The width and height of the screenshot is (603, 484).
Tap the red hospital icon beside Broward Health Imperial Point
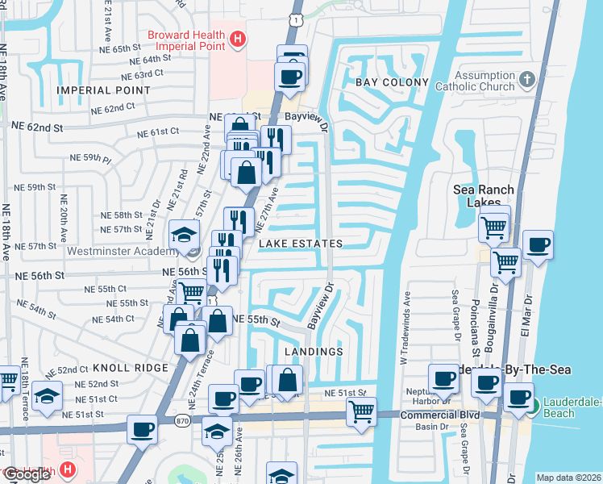[x=238, y=38]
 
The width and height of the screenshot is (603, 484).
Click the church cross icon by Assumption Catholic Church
[x=527, y=79]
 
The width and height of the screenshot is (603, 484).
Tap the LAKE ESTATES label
[x=300, y=244]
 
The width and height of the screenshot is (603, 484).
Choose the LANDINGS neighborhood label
[x=314, y=352]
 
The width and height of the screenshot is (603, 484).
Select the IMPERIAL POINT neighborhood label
[x=103, y=90]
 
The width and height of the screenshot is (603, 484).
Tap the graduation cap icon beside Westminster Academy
[x=183, y=235]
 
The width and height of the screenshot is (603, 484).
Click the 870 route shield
[x=185, y=420]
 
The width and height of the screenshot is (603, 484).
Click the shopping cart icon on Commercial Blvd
[x=361, y=411]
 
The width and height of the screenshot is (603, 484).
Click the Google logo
[x=27, y=474]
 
